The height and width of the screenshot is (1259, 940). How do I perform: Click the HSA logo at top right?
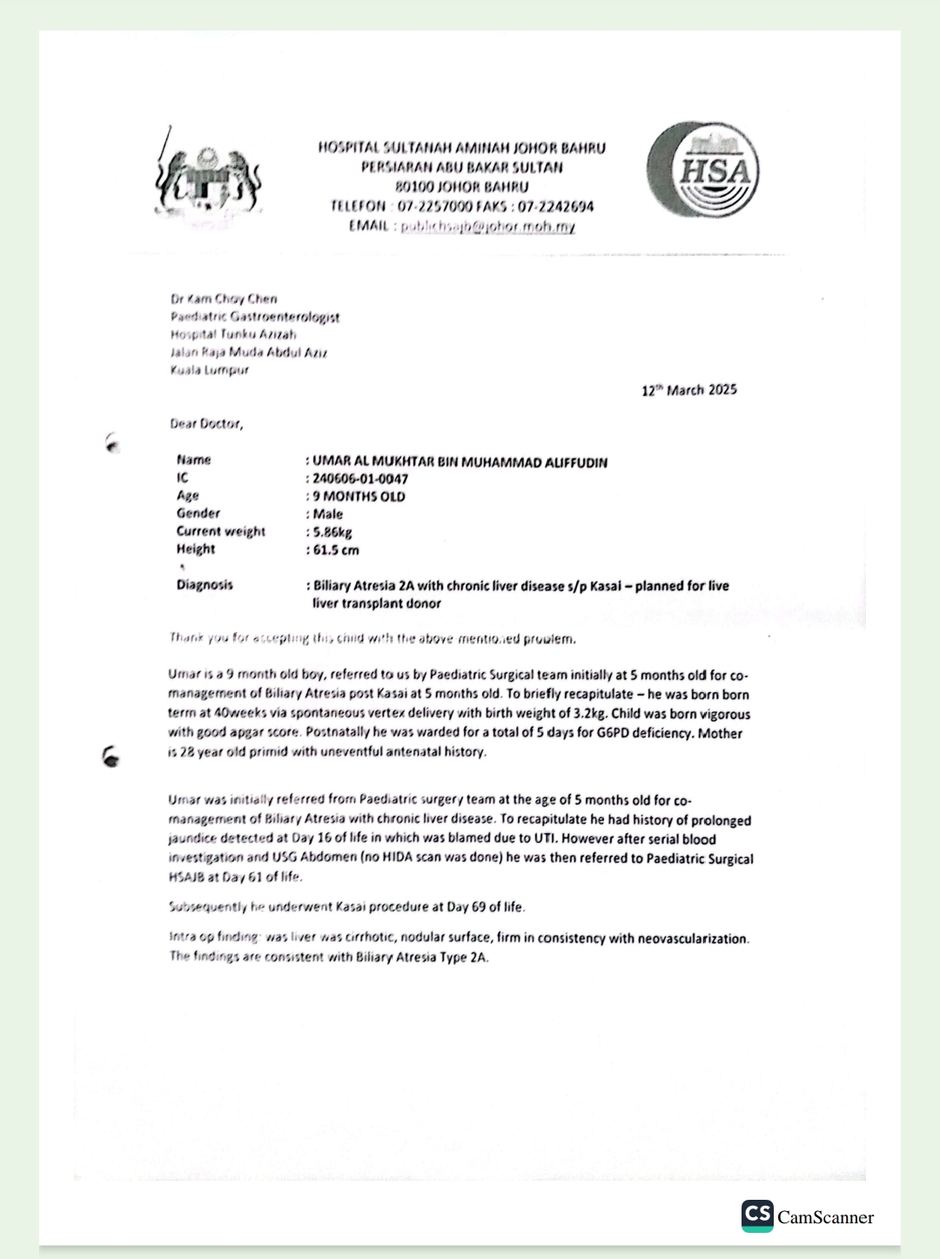[703, 171]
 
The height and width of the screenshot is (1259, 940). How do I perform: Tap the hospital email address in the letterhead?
[487, 226]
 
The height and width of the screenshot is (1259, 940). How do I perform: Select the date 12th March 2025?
[688, 390]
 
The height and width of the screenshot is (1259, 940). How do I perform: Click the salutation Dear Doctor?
[206, 424]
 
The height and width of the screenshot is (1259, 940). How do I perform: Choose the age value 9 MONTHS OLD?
[359, 496]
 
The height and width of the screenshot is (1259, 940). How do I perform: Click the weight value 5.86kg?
[332, 532]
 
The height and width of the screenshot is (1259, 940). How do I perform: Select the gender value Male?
[328, 515]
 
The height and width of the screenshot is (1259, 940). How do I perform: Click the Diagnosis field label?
[205, 585]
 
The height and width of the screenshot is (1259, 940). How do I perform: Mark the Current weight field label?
[221, 531]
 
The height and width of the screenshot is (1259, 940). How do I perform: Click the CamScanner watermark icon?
[757, 1215]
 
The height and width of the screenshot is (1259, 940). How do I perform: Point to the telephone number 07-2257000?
[435, 206]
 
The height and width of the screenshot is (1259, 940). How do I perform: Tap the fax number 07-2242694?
[556, 206]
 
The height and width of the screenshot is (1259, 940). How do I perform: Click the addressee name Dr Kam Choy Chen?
[224, 299]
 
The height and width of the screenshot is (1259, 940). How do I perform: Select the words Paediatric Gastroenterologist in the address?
[255, 317]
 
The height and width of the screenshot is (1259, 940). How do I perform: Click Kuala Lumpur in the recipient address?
[210, 370]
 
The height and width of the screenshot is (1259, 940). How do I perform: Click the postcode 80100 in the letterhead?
[414, 187]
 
